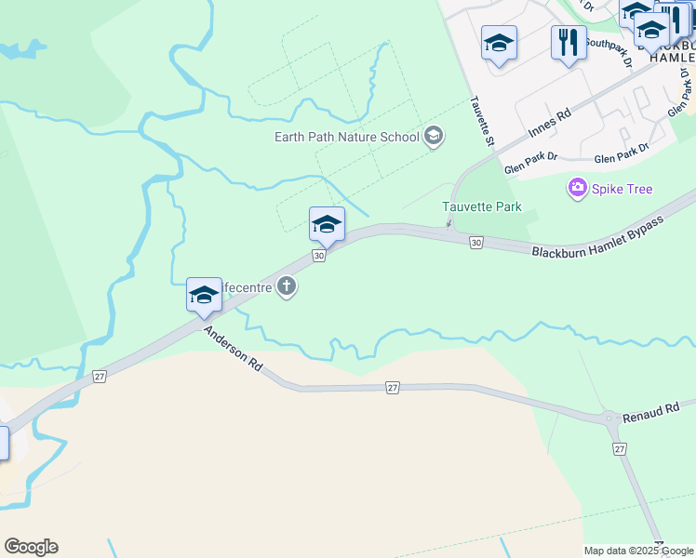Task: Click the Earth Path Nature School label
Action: (346, 137)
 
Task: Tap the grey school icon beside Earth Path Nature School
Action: (433, 138)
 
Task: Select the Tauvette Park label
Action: (482, 206)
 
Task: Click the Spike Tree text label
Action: (622, 189)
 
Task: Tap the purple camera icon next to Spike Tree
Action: (578, 189)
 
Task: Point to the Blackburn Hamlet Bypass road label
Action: (598, 238)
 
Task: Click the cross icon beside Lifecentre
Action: (288, 287)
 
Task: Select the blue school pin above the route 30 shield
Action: (327, 224)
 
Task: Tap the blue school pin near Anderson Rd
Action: (204, 295)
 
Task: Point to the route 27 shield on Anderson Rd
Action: (393, 387)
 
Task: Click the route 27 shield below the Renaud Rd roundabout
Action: (620, 449)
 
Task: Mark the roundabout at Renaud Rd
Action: (611, 418)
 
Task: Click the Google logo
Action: (31, 547)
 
